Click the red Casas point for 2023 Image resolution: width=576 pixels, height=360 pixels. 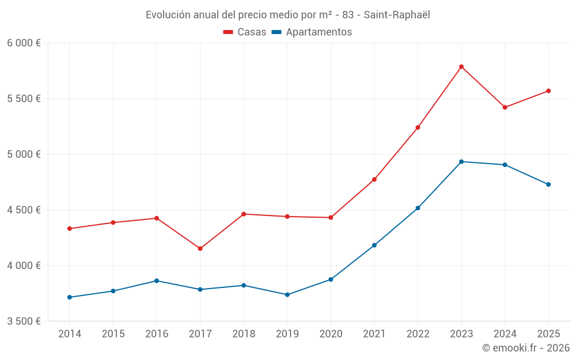pos(461,67)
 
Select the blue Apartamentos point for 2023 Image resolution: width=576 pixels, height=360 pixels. pos(461,161)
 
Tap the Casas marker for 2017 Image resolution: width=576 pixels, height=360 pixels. pos(200,248)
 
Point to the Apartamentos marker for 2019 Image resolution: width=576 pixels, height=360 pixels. pos(287,294)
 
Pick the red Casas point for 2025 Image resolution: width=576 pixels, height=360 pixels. pos(548,91)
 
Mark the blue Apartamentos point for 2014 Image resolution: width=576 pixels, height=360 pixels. pos(69,297)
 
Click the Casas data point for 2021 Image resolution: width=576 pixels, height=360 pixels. pos(374,179)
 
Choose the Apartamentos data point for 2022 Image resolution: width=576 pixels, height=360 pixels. pos(418,208)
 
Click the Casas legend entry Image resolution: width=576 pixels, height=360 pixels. pos(245,32)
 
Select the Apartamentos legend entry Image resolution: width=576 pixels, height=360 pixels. pos(312,32)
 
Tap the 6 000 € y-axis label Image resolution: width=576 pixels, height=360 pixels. pos(24,43)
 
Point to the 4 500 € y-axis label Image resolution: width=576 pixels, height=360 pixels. pos(24,210)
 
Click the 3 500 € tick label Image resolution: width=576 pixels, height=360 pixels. pos(24,321)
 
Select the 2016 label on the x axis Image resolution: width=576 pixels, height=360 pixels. pos(156,334)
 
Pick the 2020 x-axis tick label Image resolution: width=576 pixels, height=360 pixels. pos(331,334)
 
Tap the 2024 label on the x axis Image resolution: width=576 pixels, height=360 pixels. pos(505,334)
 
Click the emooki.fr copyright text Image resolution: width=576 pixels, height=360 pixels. pos(526,347)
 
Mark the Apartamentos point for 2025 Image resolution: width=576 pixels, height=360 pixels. pos(548,184)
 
